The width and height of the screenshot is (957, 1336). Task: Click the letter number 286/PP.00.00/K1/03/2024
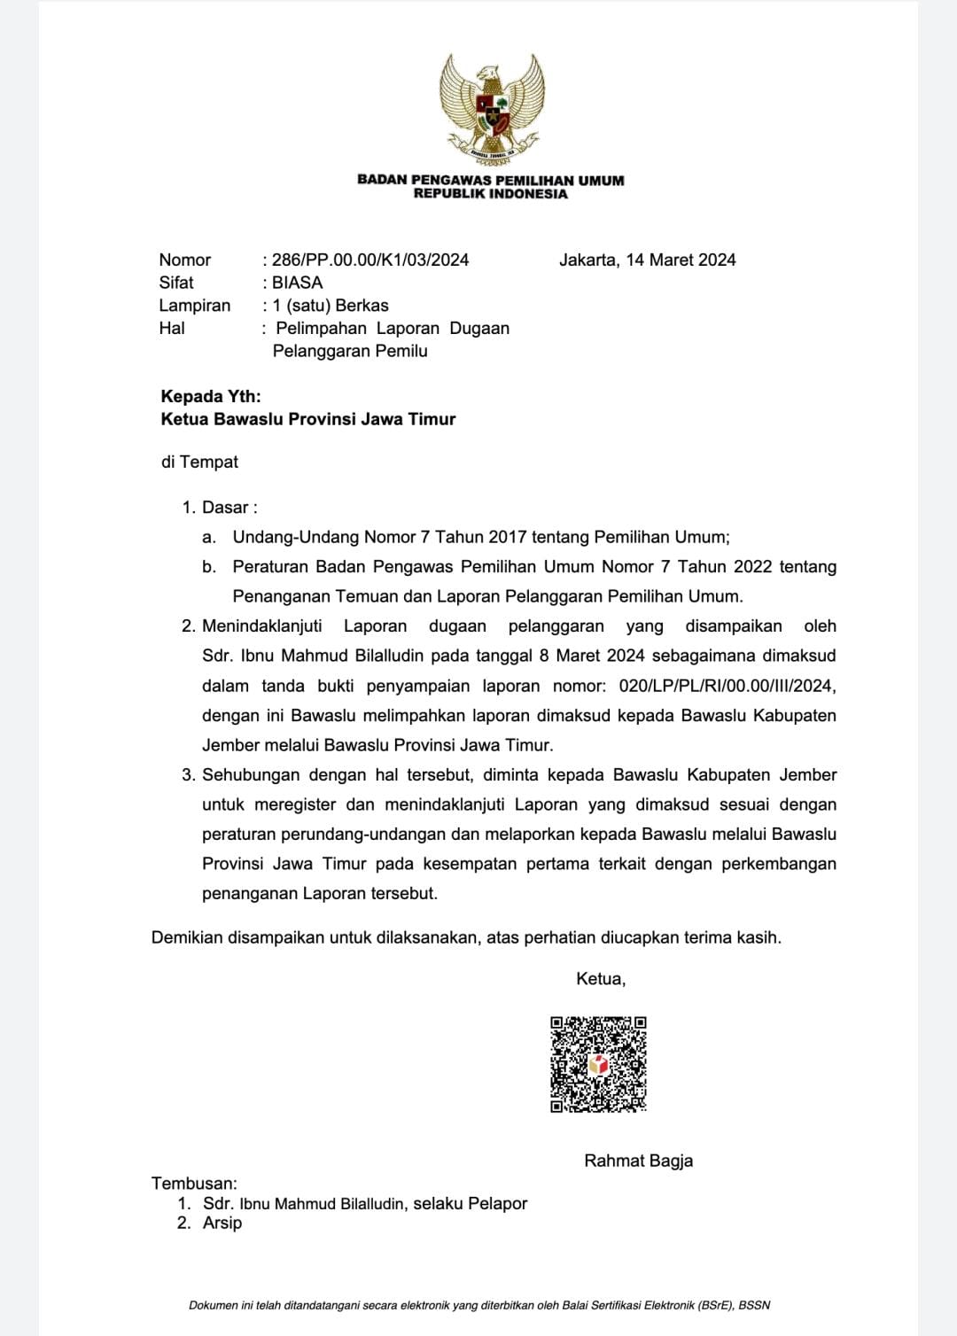coord(370,260)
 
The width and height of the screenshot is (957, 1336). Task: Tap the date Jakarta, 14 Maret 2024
coord(647,260)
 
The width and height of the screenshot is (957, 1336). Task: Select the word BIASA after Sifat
coord(298,283)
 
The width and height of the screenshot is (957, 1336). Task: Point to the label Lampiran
coord(194,306)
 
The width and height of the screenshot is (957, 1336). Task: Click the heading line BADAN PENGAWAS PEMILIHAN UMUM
coord(490,180)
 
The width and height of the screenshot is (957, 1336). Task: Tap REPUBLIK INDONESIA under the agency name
coord(490,193)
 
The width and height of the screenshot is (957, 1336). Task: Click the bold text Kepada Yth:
coord(211,396)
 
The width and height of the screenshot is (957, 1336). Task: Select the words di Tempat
coord(199,462)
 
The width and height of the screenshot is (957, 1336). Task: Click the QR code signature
coord(598,1064)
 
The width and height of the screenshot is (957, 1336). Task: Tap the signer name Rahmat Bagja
coord(638,1161)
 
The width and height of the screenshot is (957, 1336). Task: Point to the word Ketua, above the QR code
coord(601,979)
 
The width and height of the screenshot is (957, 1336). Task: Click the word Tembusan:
coord(194,1184)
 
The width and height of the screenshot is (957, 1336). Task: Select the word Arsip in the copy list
coord(222,1223)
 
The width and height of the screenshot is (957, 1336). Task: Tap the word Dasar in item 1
coord(226,508)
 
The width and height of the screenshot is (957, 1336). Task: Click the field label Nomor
coord(184,260)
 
